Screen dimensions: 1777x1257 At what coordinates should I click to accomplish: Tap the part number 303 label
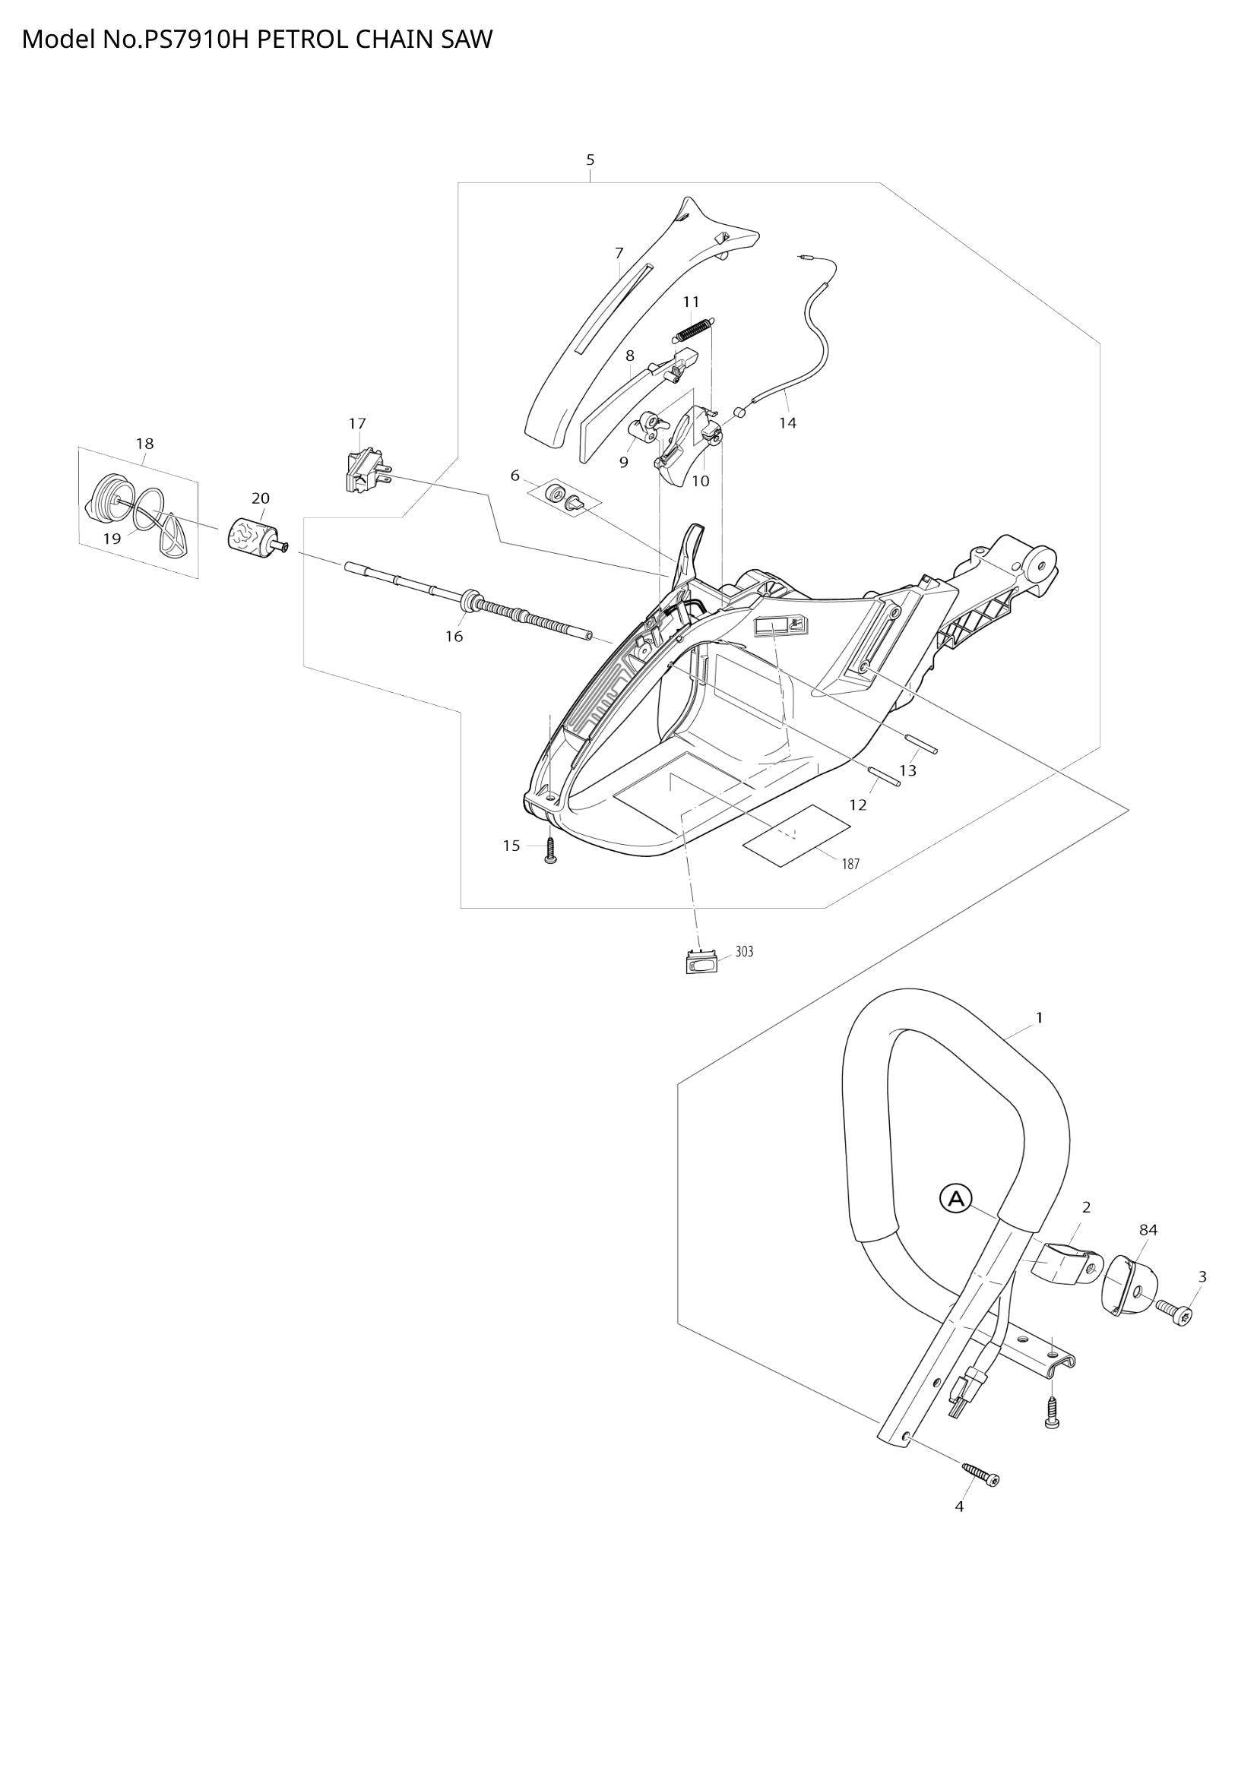tap(744, 952)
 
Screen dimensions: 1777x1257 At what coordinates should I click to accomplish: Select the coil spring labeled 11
tap(695, 328)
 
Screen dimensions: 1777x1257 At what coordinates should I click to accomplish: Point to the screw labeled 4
tap(980, 1474)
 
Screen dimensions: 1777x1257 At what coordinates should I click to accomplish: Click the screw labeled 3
tap(1175, 1311)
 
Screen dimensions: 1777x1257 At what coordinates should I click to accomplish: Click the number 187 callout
tap(850, 864)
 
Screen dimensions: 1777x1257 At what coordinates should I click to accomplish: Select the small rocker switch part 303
tap(701, 963)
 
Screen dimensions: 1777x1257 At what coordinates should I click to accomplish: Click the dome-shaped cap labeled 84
tap(1128, 1284)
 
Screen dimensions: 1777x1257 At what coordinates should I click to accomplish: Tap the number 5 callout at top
tap(591, 160)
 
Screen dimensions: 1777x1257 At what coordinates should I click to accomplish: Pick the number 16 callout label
tap(454, 636)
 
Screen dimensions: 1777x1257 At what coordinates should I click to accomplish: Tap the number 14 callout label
tap(787, 422)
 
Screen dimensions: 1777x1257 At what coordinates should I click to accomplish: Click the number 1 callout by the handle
tap(1039, 1017)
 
